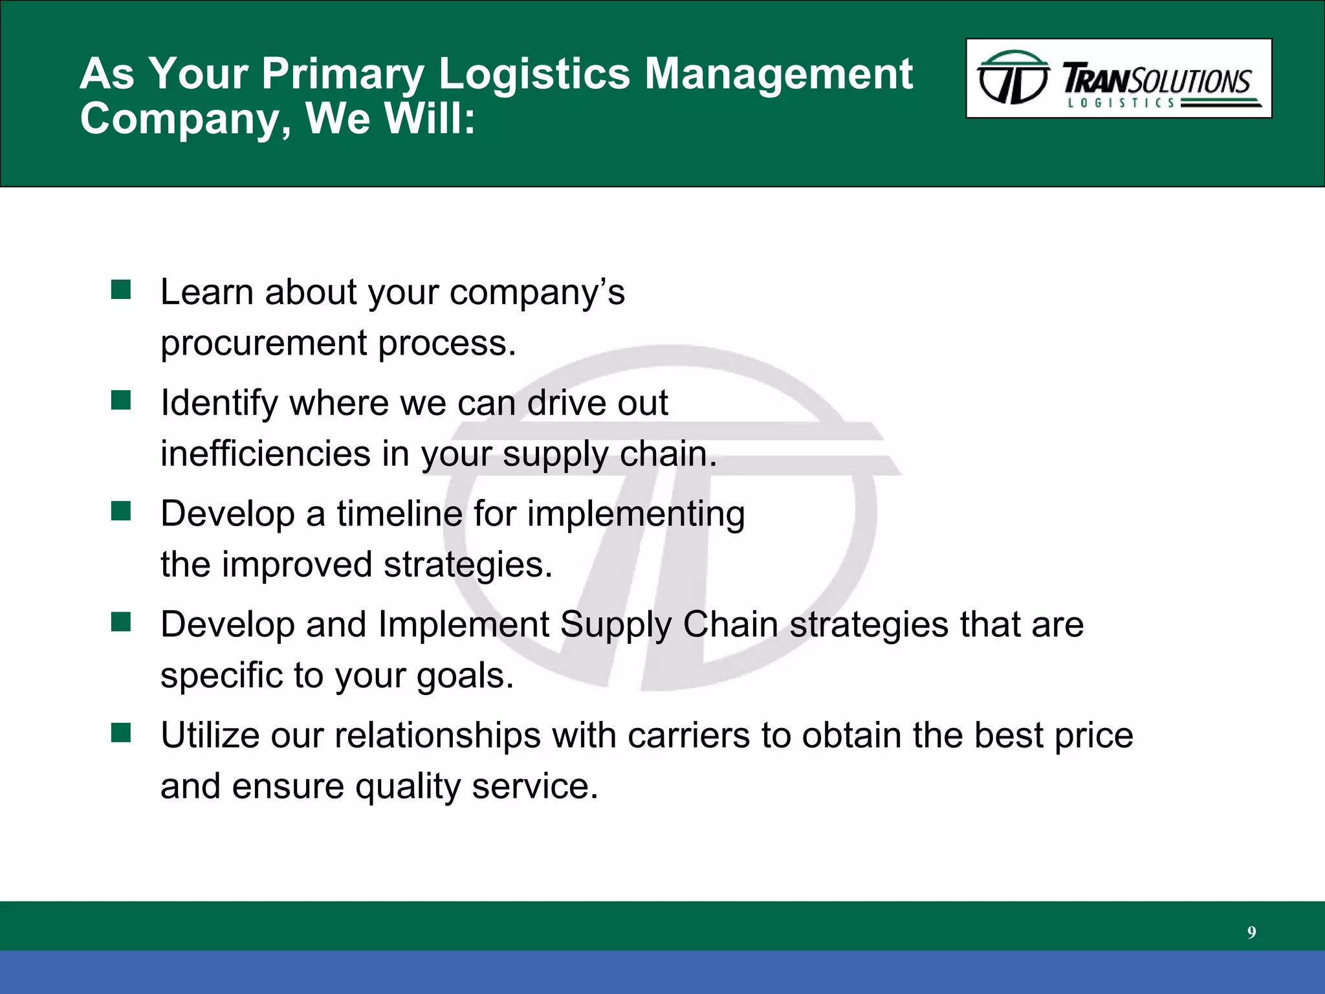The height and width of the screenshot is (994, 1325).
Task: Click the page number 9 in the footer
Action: coord(1251,933)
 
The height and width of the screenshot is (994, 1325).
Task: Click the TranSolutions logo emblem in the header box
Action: coord(1013,78)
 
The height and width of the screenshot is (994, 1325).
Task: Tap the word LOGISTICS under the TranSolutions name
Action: coord(1121,103)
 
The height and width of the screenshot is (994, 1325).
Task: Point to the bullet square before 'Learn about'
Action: coord(121,290)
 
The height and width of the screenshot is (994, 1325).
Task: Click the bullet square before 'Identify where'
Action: coord(121,401)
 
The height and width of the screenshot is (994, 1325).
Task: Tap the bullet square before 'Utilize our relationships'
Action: coord(121,733)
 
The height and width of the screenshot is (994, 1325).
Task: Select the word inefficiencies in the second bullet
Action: coord(265,453)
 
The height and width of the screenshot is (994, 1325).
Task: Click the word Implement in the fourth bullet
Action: coord(463,624)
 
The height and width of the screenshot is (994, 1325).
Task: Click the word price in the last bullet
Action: coord(1093,736)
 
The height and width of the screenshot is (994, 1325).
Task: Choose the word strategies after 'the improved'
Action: coord(468,565)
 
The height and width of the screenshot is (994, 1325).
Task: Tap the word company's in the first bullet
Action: coord(536,293)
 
